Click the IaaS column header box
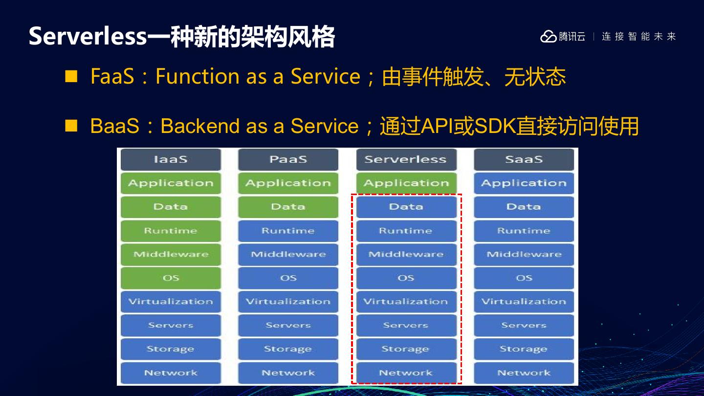(x=171, y=159)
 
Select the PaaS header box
(x=288, y=159)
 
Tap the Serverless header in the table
(x=406, y=159)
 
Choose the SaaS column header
(x=524, y=159)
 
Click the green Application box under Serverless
(x=406, y=183)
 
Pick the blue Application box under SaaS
(x=524, y=183)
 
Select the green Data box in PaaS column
(x=288, y=207)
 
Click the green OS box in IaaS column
(x=171, y=278)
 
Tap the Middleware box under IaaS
(x=171, y=254)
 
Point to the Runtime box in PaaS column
(x=288, y=231)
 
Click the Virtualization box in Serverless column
(x=406, y=302)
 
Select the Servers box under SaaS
(x=524, y=325)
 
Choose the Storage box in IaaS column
(x=171, y=349)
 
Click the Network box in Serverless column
(x=406, y=373)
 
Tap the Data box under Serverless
(x=406, y=207)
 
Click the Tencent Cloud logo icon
(x=548, y=37)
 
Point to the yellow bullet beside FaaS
(x=71, y=77)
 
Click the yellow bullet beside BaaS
(x=71, y=126)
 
